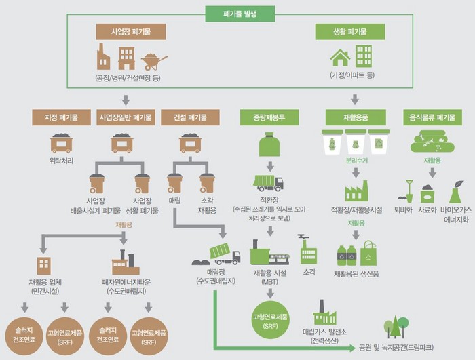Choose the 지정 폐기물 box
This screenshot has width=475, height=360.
tap(61, 117)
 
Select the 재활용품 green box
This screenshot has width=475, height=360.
tap(356, 117)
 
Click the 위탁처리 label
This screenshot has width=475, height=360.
tap(61, 161)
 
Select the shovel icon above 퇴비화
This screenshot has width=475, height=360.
tap(409, 191)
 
